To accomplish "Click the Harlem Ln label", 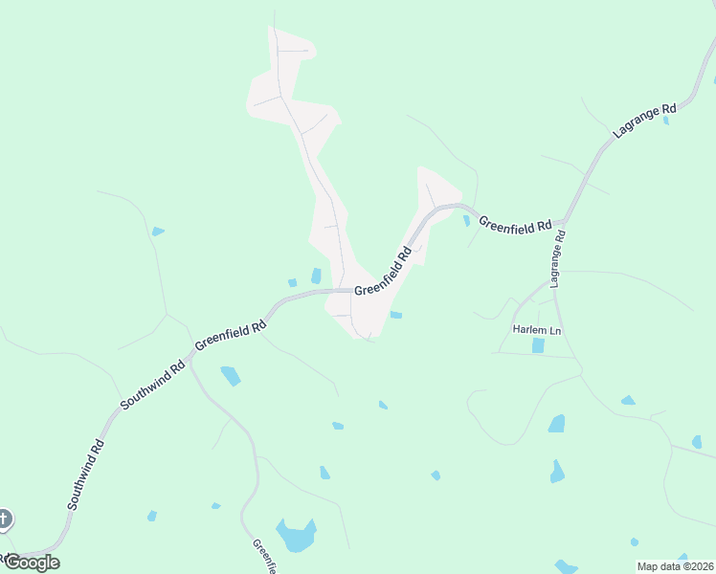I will (x=535, y=329).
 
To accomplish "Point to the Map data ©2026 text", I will (x=675, y=566).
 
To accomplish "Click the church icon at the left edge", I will (x=3, y=519).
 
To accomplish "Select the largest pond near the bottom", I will (x=296, y=535).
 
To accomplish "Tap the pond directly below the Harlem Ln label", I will (x=538, y=345).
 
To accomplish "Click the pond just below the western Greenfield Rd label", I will (x=231, y=375).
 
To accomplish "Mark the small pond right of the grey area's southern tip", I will (x=395, y=314).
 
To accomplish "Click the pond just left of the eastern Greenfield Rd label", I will (x=466, y=221).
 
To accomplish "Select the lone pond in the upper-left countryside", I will (x=158, y=232).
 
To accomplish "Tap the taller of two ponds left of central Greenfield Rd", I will (x=316, y=276).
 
